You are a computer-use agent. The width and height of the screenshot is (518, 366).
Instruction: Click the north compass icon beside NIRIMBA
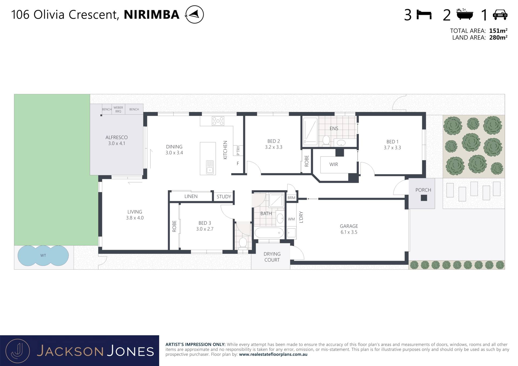tap(194, 14)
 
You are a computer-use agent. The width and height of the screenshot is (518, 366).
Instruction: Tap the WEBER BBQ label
tap(118, 109)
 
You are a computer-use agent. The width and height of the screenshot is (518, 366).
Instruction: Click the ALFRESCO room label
tap(117, 137)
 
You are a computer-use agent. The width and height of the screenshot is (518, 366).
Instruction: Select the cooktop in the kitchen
tap(218, 121)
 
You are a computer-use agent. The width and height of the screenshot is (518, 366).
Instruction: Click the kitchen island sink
tap(210, 167)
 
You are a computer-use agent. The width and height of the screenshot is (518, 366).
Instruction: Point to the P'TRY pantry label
tap(238, 150)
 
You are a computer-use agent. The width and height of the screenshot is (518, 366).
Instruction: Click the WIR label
tap(334, 164)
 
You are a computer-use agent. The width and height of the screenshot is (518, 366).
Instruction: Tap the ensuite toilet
tap(326, 141)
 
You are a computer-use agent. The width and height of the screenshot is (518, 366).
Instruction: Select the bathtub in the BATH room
tap(269, 232)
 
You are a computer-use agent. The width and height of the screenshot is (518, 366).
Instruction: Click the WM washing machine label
tap(291, 219)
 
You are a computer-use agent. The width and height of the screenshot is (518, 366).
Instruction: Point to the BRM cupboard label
tap(291, 198)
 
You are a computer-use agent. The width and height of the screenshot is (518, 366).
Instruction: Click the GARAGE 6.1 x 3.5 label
tap(349, 229)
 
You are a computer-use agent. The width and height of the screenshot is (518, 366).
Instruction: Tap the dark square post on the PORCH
tap(424, 198)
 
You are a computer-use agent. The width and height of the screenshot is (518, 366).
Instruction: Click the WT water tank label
tap(43, 255)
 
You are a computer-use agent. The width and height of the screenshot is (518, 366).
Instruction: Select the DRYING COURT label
tap(272, 257)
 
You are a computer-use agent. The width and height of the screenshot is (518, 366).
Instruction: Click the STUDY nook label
tap(224, 197)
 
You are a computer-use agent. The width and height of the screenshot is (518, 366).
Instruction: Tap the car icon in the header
tap(500, 15)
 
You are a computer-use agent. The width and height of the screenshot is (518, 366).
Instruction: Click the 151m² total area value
tap(498, 30)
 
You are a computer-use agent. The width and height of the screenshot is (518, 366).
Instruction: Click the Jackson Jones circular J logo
tap(18, 351)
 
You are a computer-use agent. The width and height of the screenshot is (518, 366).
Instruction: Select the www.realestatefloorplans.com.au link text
tap(273, 354)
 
